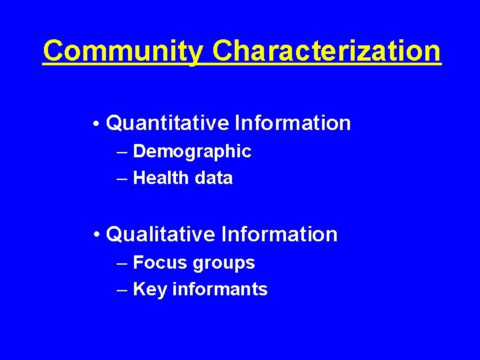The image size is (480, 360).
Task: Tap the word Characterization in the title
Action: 327,51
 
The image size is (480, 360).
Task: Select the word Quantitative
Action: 167,123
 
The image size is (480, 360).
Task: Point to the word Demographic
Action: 192,152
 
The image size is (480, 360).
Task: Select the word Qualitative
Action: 161,235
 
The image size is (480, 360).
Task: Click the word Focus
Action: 161,263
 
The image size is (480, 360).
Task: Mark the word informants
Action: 220,289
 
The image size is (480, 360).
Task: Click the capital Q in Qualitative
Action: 115,235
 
